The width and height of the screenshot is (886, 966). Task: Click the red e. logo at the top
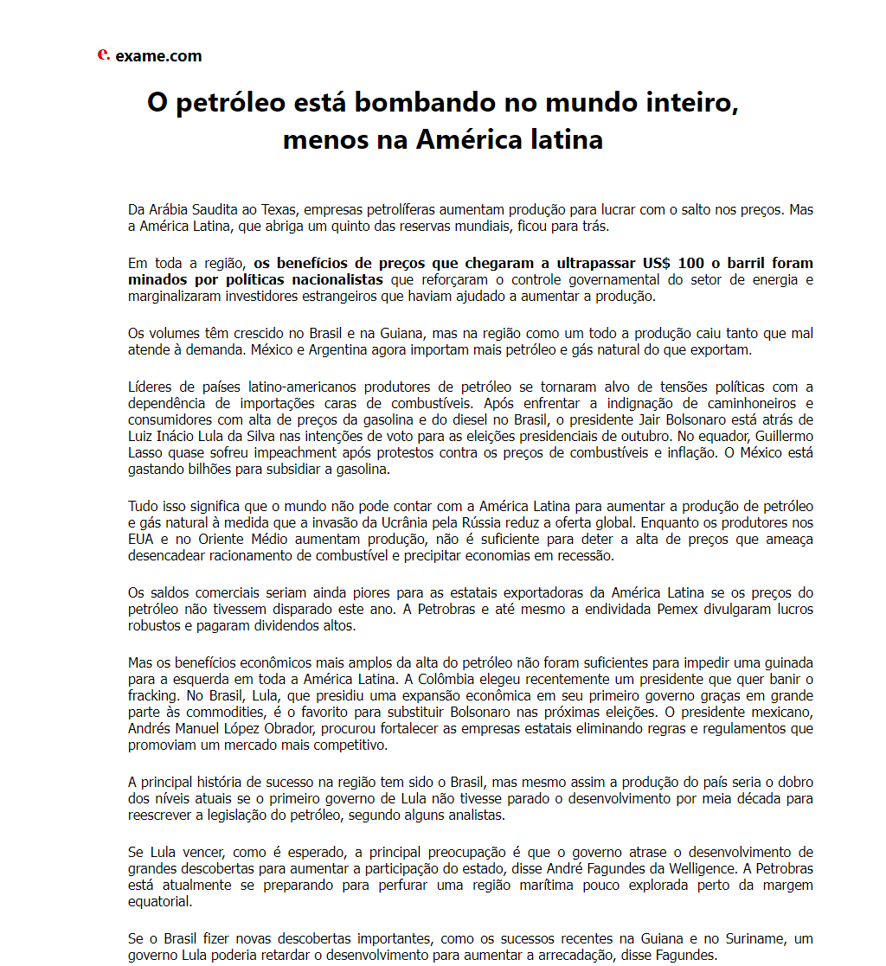(x=103, y=54)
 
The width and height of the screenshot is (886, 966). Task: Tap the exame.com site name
(x=158, y=56)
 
